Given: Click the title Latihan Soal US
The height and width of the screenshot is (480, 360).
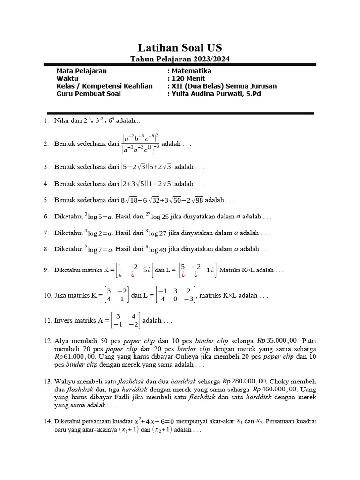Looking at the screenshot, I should click(180, 47).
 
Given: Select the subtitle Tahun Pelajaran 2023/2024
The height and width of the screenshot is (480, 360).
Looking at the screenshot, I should click(180, 59).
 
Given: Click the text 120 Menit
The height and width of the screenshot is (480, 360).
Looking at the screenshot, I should click(188, 78).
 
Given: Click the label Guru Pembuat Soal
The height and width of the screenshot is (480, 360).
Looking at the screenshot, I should click(88, 93).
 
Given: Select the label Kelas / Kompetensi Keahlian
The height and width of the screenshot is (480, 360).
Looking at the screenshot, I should click(105, 86).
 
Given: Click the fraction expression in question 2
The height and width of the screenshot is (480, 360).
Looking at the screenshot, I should click(140, 144).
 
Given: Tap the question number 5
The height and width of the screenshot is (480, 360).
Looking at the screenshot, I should click(46, 200).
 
